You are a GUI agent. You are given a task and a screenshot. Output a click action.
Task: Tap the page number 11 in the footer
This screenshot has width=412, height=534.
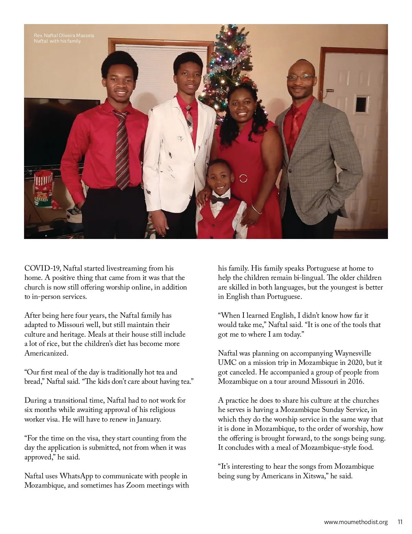[400, 522]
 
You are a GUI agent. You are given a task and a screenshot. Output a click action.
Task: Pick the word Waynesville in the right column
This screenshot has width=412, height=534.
[353, 353]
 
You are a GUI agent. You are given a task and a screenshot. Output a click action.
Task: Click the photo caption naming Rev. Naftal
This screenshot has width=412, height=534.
[64, 38]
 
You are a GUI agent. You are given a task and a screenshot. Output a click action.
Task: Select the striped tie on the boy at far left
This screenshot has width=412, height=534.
[122, 148]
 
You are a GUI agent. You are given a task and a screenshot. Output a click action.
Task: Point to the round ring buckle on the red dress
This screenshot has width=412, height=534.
[243, 178]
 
